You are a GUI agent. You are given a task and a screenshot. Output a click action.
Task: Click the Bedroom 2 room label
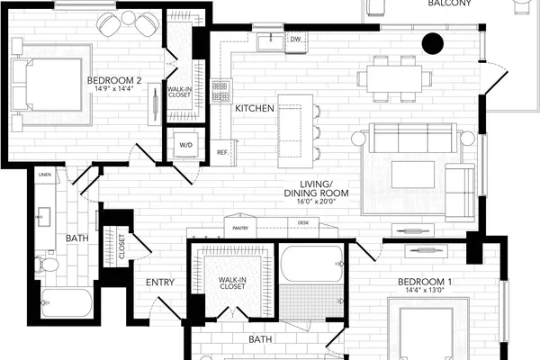point(114,81)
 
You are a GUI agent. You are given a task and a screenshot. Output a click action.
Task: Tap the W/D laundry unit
point(186,145)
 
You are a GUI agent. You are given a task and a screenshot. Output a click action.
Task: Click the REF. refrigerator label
point(223,152)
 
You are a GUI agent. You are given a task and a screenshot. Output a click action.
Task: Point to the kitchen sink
point(271,42)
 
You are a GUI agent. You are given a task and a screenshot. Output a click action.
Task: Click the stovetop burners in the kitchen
point(220,91)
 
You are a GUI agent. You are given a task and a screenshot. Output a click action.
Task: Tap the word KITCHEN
point(255,109)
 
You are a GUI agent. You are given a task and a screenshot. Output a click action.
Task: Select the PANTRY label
point(240,228)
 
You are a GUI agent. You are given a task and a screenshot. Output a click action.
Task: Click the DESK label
point(303,223)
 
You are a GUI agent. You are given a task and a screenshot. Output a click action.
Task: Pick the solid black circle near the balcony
point(433,43)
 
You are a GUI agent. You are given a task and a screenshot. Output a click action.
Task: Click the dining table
point(394,79)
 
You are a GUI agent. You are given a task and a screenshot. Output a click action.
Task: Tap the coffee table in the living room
point(413,175)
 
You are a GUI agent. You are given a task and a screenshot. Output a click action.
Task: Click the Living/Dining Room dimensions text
point(316,202)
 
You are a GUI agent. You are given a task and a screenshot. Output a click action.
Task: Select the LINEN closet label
point(45,175)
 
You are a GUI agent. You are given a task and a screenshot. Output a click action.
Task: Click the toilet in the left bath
point(47,265)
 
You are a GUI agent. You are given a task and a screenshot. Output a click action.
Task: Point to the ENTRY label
point(160,283)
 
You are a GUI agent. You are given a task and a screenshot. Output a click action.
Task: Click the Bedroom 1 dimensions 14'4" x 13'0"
point(425,291)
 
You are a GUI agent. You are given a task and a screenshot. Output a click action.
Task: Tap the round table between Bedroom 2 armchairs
point(128,18)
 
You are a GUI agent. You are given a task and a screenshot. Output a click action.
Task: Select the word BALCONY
point(449,4)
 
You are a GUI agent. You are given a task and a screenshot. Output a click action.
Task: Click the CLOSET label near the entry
point(121,247)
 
